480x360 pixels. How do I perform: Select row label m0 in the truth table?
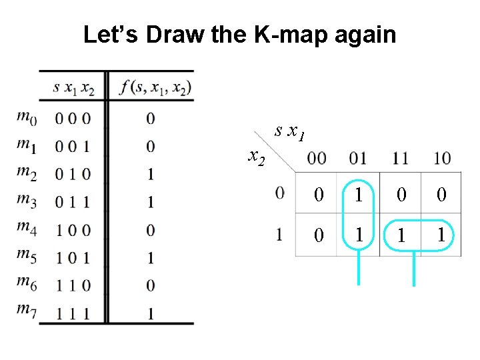27,118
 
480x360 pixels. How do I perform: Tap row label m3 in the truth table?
27,201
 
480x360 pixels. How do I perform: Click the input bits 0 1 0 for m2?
73,174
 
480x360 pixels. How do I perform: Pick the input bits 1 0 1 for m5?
73,257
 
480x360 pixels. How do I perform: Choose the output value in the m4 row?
151,230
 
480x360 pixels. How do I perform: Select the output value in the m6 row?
151,285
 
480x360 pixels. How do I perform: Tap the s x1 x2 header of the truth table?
73,87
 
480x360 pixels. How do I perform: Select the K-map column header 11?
401,159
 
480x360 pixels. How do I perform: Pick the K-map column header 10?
441,159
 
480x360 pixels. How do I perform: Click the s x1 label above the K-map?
290,133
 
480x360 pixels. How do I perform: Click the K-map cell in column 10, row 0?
441,195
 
